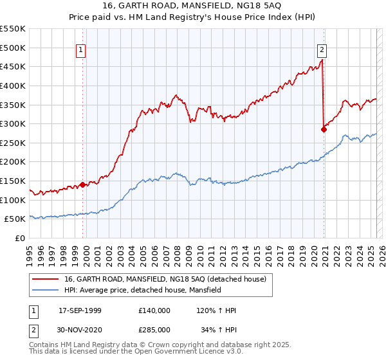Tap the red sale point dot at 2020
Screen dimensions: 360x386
coord(324,129)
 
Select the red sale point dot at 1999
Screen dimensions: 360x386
coord(83,184)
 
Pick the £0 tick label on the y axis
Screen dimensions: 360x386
coord(21,238)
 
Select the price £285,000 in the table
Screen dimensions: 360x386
coord(154,329)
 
